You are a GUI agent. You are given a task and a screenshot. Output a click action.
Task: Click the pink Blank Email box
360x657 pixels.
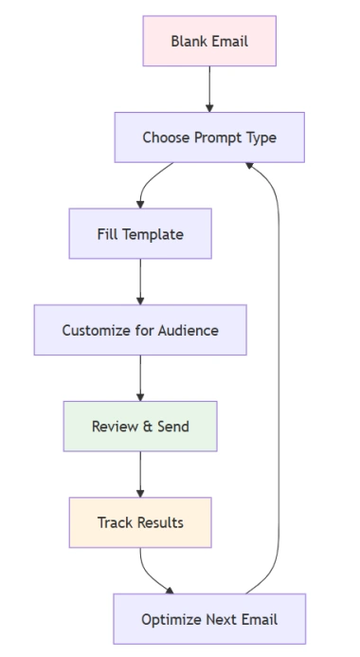tap(209, 41)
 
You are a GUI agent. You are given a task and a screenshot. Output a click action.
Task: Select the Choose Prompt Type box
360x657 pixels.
tap(209, 137)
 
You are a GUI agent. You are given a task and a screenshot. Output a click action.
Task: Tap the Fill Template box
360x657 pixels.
tap(140, 234)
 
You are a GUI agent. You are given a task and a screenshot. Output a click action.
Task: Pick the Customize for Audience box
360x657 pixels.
tap(140, 331)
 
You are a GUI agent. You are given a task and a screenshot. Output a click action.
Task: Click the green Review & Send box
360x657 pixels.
tap(140, 427)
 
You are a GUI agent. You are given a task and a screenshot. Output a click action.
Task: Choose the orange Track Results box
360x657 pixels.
tap(140, 523)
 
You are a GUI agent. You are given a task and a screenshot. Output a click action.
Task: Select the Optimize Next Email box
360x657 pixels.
tap(209, 619)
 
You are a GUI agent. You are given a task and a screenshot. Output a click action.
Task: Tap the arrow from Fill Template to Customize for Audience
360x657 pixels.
tap(140, 282)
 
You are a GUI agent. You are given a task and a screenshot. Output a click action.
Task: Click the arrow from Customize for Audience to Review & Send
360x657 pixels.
tap(140, 378)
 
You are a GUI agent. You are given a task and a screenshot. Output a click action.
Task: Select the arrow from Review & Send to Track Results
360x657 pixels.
tap(140, 474)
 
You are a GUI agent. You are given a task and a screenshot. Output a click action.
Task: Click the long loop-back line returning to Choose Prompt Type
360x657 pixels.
tap(279, 379)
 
